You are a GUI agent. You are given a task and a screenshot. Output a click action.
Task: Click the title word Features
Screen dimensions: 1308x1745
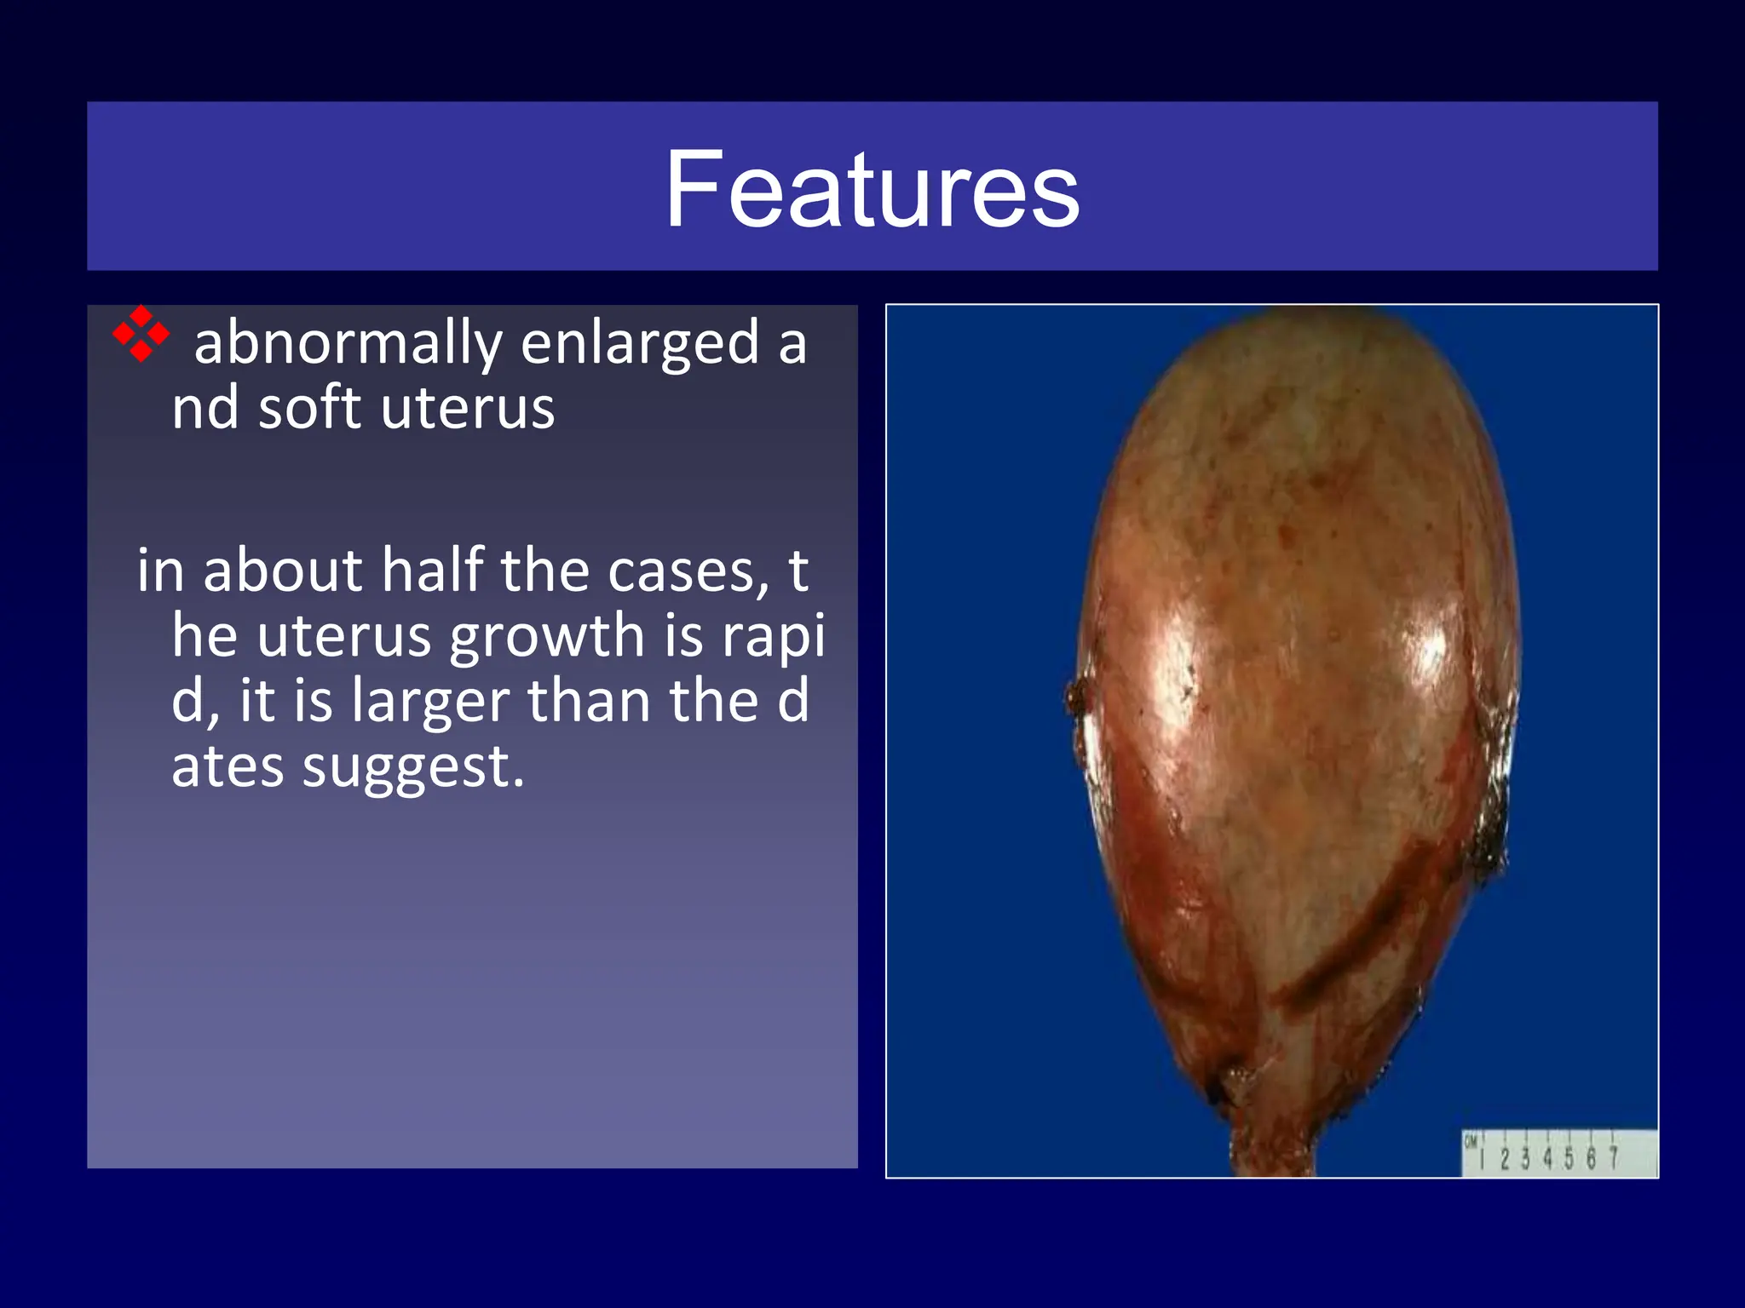[x=872, y=188]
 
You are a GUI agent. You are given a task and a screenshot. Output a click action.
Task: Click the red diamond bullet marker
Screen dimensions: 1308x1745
[x=141, y=334]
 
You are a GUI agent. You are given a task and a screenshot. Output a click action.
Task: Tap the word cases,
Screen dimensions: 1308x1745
[x=682, y=571]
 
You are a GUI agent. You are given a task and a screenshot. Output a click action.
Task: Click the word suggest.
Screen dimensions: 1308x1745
[x=413, y=767]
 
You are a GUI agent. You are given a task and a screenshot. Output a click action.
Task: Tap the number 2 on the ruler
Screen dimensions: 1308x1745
[x=1505, y=1159]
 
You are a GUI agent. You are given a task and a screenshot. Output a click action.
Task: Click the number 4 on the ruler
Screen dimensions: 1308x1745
[x=1547, y=1159]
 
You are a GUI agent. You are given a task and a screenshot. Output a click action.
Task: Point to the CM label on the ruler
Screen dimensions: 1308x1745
[x=1471, y=1142]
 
